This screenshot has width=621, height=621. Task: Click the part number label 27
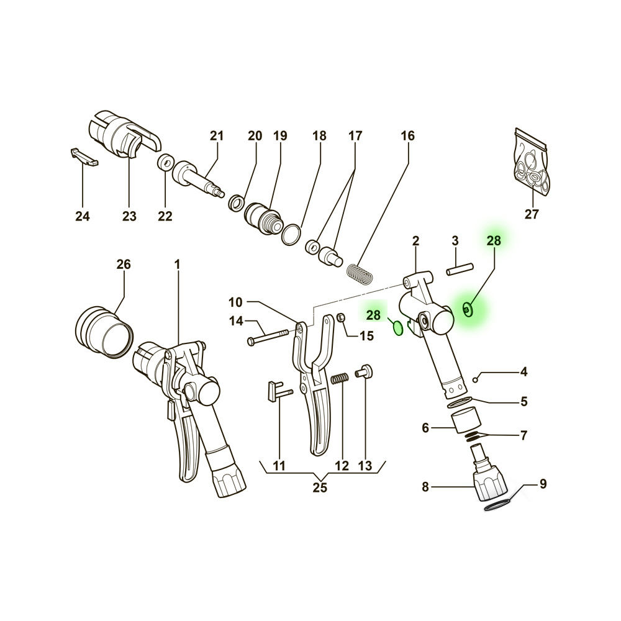pos(532,215)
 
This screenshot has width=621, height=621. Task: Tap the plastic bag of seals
pos(532,164)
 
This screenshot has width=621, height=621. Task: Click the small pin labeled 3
pos(460,268)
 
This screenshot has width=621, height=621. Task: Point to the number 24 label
pos(82,216)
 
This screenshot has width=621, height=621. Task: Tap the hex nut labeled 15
pos(341,319)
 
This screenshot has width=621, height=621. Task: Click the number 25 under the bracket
pos(319,487)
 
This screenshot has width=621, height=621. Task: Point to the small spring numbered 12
pos(339,378)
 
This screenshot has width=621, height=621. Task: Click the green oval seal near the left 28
pos(397,327)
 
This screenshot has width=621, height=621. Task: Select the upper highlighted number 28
pos(493,241)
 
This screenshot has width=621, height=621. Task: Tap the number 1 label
pos(177,265)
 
